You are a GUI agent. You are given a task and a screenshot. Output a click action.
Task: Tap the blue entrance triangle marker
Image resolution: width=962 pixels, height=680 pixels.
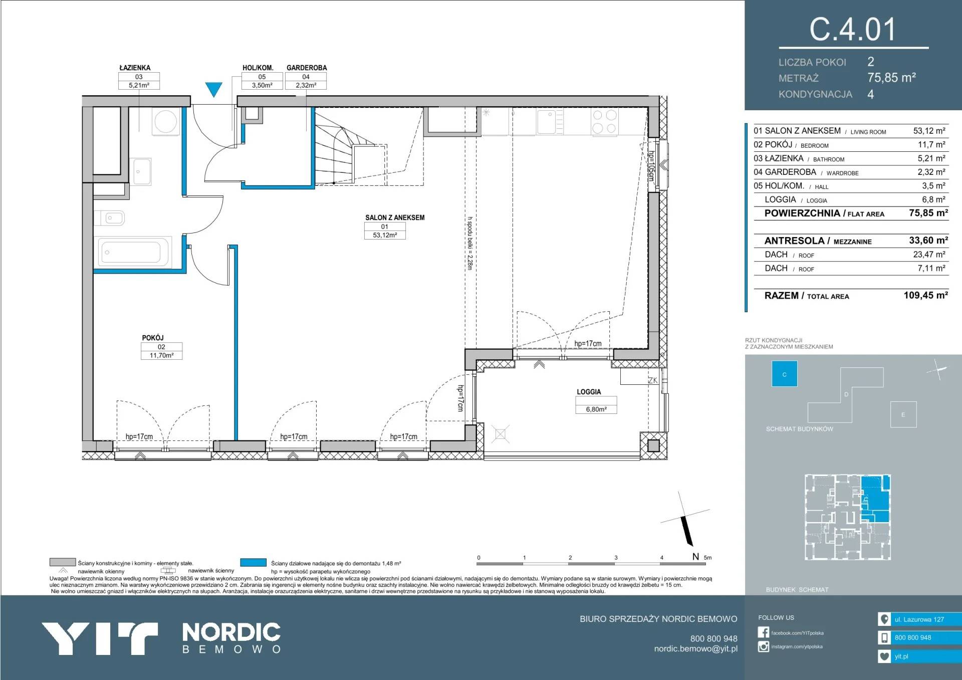pyautogui.click(x=214, y=89)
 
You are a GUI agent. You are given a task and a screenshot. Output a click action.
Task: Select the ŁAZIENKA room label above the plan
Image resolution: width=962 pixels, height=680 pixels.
pyautogui.click(x=135, y=68)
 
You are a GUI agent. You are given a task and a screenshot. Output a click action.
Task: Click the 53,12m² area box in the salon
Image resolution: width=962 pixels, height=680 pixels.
pyautogui.click(x=385, y=235)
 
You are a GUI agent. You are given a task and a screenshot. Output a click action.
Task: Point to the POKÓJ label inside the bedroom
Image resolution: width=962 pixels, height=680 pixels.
pyautogui.click(x=153, y=338)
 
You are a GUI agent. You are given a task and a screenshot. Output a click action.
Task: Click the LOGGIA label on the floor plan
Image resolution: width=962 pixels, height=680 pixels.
pyautogui.click(x=589, y=392)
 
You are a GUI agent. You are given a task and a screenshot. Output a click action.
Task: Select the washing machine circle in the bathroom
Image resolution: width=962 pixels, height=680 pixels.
pyautogui.click(x=165, y=121)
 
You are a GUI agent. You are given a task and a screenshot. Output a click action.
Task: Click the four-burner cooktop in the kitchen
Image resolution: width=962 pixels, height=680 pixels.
pyautogui.click(x=604, y=121)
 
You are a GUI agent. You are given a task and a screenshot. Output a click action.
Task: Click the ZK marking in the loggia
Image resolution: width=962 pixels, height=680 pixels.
pyautogui.click(x=652, y=380)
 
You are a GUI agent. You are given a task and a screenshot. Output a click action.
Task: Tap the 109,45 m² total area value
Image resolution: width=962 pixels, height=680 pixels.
pyautogui.click(x=925, y=295)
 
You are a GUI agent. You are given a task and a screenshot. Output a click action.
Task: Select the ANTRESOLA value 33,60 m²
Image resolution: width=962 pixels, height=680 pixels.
pyautogui.click(x=928, y=241)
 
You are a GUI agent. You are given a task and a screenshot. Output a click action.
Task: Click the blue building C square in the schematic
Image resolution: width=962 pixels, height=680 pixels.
pyautogui.click(x=784, y=374)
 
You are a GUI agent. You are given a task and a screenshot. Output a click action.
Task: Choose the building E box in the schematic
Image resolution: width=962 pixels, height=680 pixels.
pyautogui.click(x=903, y=414)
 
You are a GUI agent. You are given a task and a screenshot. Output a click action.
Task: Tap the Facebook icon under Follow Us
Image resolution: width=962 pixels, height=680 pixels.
pyautogui.click(x=763, y=632)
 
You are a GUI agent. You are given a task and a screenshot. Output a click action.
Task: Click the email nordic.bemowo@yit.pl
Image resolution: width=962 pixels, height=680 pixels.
pyautogui.click(x=695, y=648)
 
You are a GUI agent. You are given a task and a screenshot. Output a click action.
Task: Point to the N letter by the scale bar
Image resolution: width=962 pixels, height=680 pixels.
pyautogui.click(x=695, y=556)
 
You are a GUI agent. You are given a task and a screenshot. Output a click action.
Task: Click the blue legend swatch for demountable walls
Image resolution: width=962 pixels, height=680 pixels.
pyautogui.click(x=253, y=562)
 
